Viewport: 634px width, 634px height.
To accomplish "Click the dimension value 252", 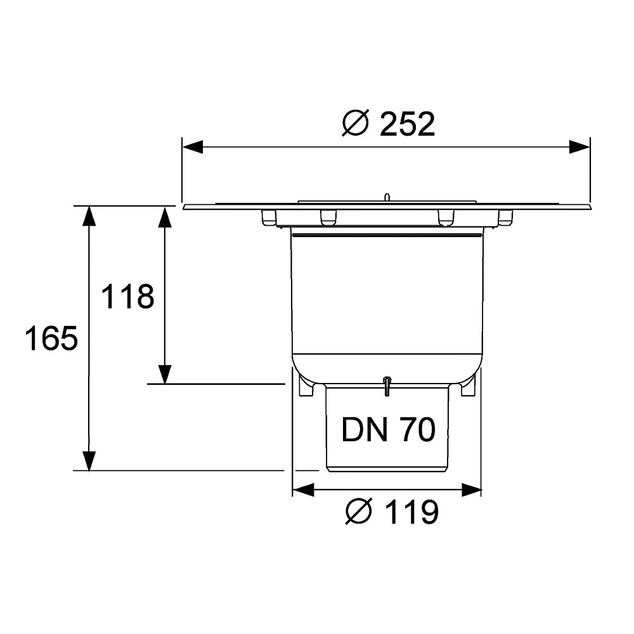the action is click(x=407, y=124).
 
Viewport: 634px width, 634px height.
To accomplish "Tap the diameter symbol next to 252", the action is click(x=356, y=123).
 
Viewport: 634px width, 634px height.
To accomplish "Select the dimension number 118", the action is click(x=127, y=297).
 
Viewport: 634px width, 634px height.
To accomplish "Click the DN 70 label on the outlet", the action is click(x=388, y=429).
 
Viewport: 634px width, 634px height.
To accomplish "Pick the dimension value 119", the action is click(x=411, y=512).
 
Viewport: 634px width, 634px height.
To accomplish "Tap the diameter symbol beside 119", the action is click(x=359, y=512).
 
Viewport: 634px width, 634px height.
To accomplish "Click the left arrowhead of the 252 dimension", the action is click(x=193, y=147).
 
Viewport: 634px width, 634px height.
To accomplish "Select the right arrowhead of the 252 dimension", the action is click(x=579, y=147).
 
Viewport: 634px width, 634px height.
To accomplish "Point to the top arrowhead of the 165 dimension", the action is click(x=89, y=216).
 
